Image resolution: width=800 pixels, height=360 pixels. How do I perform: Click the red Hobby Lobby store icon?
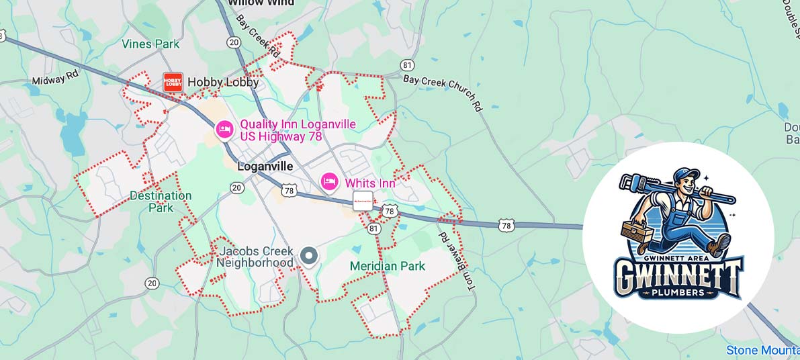pyautogui.click(x=173, y=82)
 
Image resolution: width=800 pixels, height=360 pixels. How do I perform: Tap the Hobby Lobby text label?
pyautogui.click(x=222, y=82)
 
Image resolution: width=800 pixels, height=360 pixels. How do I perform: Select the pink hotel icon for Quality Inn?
pyautogui.click(x=224, y=129)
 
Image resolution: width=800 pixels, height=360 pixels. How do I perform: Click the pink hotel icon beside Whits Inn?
pyautogui.click(x=328, y=182)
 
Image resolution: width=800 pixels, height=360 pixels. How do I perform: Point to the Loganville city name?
pyautogui.click(x=265, y=167)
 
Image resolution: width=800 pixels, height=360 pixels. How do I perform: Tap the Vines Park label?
pyautogui.click(x=150, y=44)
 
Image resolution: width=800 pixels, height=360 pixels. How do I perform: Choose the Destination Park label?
pyautogui.click(x=161, y=201)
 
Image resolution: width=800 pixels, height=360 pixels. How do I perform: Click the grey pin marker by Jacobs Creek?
pyautogui.click(x=309, y=256)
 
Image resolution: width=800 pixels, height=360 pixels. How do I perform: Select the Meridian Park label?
pyautogui.click(x=387, y=266)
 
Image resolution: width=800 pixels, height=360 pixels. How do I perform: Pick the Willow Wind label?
pyautogui.click(x=261, y=3)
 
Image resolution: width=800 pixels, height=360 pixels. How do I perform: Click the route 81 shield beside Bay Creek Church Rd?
pyautogui.click(x=407, y=64)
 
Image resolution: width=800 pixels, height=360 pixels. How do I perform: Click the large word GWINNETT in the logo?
pyautogui.click(x=678, y=276)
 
